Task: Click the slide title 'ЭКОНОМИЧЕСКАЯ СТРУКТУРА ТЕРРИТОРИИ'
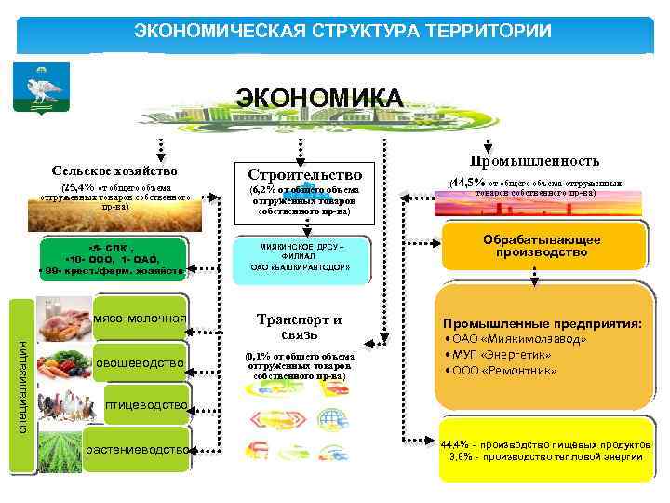pyautogui.click(x=342, y=31)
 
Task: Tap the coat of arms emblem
pyautogui.click(x=38, y=91)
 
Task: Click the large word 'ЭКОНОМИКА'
pyautogui.click(x=318, y=99)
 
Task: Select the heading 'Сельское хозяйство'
pyautogui.click(x=114, y=170)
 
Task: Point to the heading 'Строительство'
pyautogui.click(x=303, y=175)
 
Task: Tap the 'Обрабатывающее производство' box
pyautogui.click(x=541, y=246)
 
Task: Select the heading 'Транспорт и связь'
pyautogui.click(x=300, y=326)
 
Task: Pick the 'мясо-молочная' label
pyautogui.click(x=141, y=319)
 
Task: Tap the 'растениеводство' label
pyautogui.click(x=140, y=449)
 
